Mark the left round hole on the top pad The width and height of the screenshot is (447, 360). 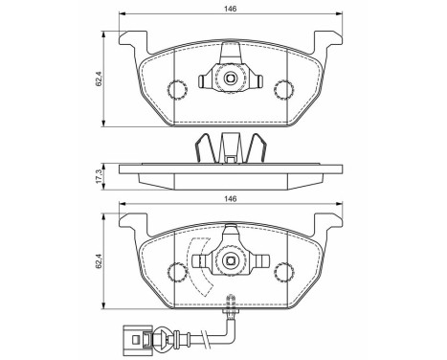pyautogui.click(x=175, y=90)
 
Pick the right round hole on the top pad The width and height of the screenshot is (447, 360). pyautogui.click(x=282, y=90)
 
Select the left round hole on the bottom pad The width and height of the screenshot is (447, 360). pyautogui.click(x=175, y=270)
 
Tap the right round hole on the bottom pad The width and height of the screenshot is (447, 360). pyautogui.click(x=282, y=270)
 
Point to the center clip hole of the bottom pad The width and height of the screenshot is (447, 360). pyautogui.click(x=229, y=259)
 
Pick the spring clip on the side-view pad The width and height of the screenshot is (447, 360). pyautogui.click(x=229, y=148)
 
